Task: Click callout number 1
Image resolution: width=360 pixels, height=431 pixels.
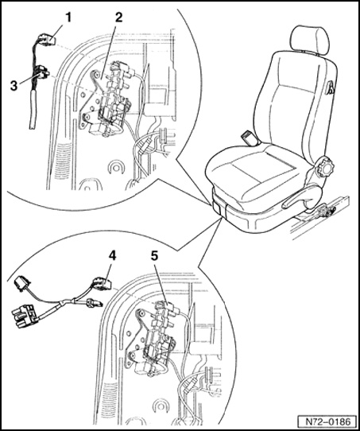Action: coord(68,17)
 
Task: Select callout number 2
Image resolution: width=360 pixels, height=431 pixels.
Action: coord(118,17)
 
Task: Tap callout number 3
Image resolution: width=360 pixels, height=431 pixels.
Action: coord(14,86)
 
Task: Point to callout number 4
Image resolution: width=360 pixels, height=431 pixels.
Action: coord(112,256)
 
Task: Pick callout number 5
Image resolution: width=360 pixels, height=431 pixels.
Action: coord(154,256)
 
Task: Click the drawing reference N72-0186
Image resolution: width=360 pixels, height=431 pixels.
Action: coord(328,421)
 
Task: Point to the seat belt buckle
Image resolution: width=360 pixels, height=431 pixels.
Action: coord(250,138)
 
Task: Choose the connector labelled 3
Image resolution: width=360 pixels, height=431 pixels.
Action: coord(42,72)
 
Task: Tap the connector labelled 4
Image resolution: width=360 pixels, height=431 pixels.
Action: coord(103,283)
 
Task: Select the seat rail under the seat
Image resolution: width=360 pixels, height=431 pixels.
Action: coord(320,217)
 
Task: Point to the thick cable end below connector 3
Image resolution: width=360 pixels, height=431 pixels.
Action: coord(33,110)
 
